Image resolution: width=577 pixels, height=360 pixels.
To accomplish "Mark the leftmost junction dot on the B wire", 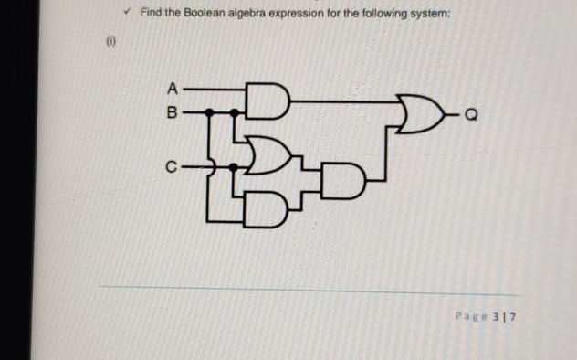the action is pos(209,114).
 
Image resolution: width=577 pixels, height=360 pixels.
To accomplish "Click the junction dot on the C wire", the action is pos(235,167).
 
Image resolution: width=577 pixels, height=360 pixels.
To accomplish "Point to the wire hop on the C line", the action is pos(211,167).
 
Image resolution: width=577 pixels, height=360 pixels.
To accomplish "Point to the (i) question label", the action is pos(110,41).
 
